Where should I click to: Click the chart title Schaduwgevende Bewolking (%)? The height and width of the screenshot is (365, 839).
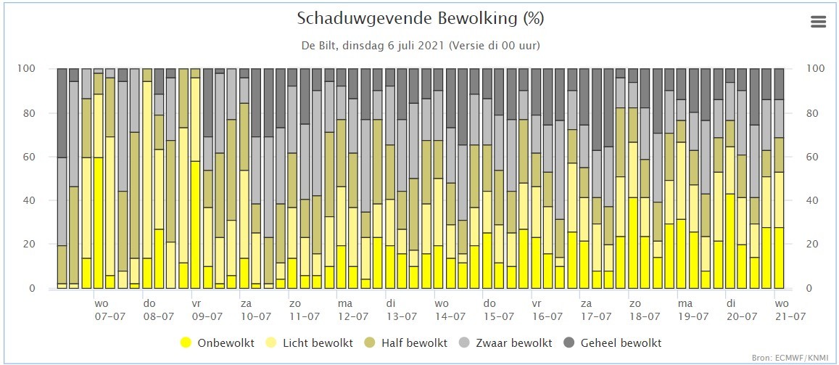[x=420, y=20]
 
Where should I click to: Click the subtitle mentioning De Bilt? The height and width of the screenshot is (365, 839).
[x=420, y=46]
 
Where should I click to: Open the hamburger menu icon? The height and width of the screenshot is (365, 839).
[x=819, y=22]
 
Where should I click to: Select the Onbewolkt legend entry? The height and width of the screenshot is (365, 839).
[x=218, y=343]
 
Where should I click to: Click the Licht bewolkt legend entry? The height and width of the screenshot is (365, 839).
[x=311, y=343]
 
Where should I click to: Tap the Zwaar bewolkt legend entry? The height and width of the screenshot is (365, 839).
[x=505, y=343]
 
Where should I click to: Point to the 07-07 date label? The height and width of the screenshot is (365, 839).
[x=109, y=316]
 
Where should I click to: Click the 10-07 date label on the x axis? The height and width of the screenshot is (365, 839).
[x=256, y=316]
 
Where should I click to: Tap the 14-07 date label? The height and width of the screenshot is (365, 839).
[x=450, y=316]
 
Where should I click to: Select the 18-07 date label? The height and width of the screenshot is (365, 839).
[x=645, y=316]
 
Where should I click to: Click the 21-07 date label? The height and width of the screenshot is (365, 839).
[x=790, y=316]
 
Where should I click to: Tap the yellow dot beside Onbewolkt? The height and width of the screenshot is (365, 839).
[x=186, y=343]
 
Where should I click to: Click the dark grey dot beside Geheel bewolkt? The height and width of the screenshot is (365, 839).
[x=569, y=343]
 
